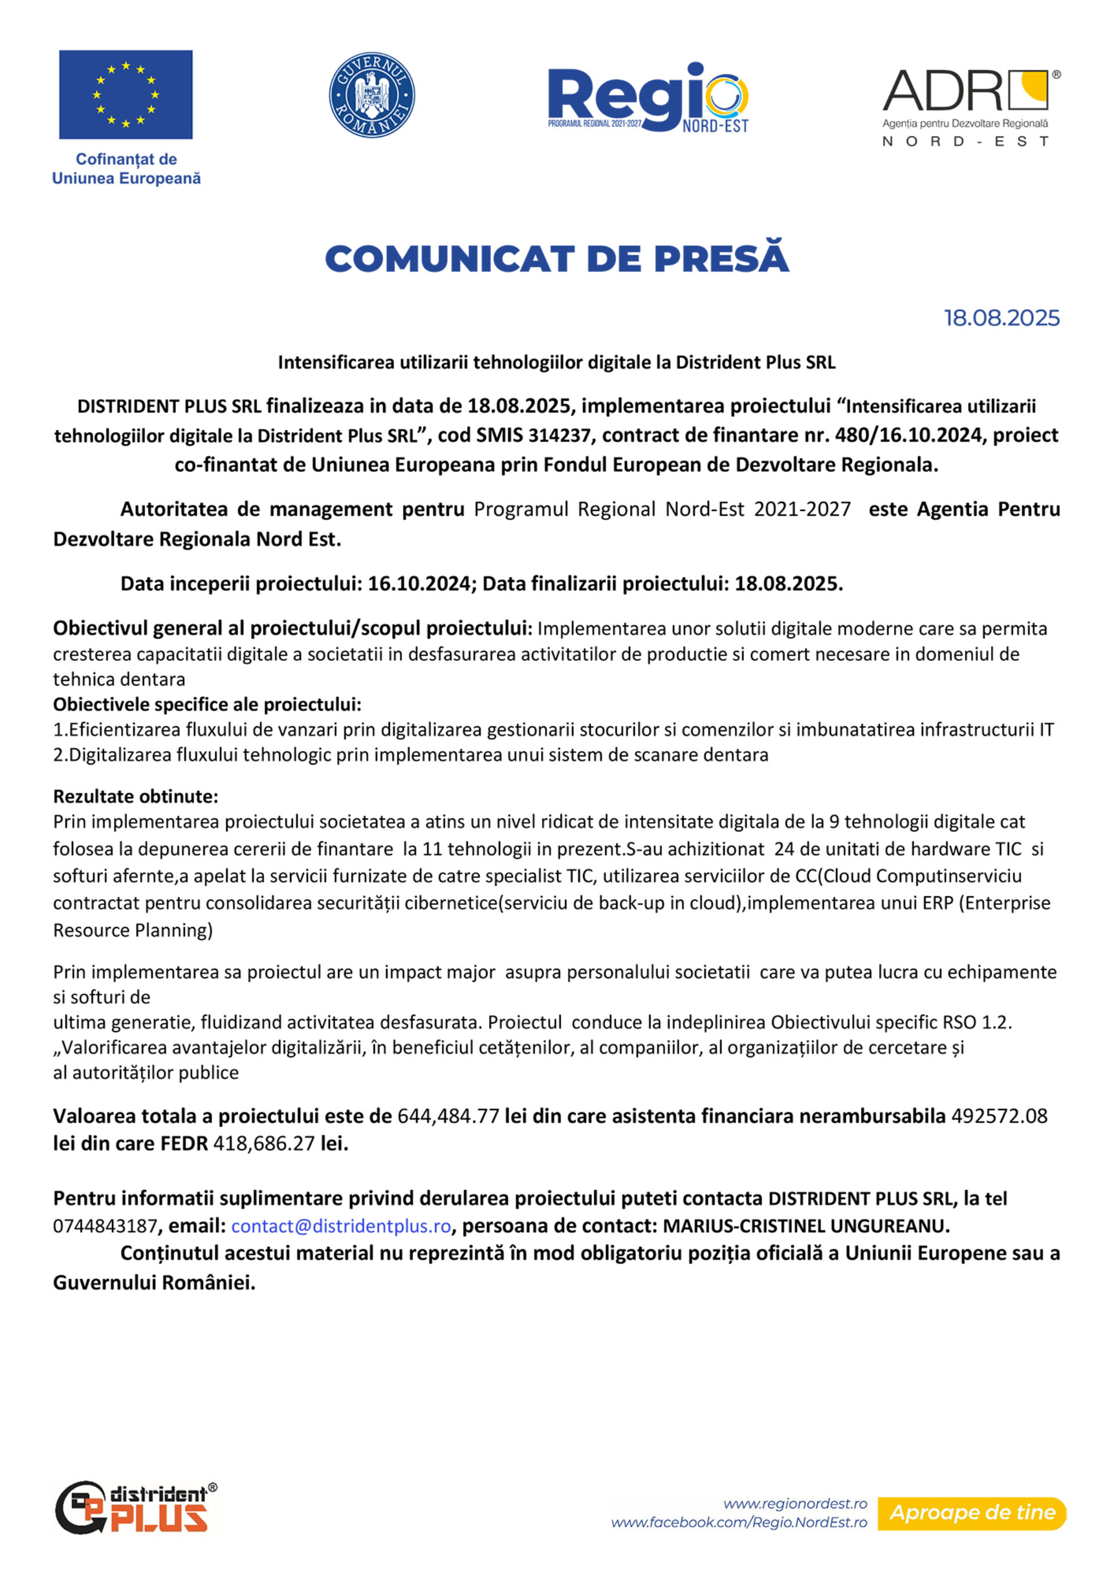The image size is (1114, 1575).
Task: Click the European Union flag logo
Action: click(125, 95)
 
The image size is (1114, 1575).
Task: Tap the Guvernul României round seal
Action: click(372, 95)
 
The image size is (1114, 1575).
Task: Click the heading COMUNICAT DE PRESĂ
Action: click(556, 259)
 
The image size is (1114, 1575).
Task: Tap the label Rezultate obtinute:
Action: click(136, 796)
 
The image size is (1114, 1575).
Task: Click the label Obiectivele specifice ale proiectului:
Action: click(207, 704)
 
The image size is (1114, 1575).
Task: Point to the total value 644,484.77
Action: click(448, 1116)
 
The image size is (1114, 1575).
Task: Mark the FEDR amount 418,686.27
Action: click(264, 1143)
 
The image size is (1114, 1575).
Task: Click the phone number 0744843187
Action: click(105, 1226)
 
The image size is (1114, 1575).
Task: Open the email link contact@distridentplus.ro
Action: click(341, 1226)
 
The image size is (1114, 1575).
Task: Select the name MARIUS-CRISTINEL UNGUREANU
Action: click(805, 1226)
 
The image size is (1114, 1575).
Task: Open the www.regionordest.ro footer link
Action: click(795, 1504)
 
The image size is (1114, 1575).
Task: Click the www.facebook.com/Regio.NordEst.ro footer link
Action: click(739, 1522)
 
